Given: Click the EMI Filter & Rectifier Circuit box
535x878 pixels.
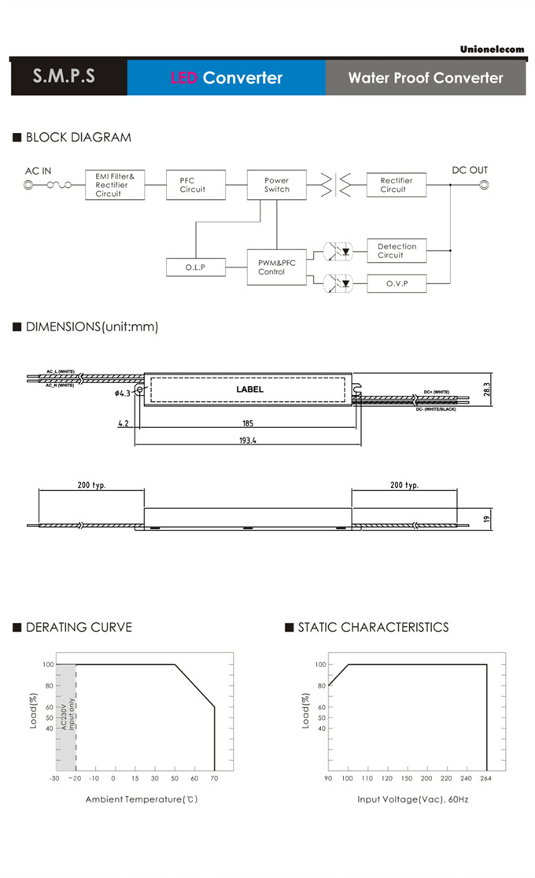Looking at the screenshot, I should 115,185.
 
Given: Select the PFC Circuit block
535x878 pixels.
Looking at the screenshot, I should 195,185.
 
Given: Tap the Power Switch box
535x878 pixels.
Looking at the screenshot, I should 276,185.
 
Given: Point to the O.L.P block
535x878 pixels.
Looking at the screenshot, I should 195,267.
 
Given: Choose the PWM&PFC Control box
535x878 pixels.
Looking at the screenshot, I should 276,267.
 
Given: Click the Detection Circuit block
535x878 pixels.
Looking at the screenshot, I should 397,251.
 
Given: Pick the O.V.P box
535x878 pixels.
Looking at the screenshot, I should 397,283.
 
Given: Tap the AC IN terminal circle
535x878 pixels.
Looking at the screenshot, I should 29,186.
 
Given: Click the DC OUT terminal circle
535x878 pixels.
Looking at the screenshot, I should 485,186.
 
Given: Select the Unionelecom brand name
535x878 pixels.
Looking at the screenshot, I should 492,49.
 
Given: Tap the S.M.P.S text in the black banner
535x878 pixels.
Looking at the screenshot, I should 64,76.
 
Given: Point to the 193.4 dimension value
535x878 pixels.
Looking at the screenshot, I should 247,441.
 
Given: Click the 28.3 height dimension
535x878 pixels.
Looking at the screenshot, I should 486,389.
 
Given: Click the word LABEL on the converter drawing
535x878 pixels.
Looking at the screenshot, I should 250,389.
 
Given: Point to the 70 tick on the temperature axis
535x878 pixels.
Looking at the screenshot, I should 214,778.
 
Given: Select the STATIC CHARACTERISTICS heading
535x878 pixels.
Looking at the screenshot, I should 373,627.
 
